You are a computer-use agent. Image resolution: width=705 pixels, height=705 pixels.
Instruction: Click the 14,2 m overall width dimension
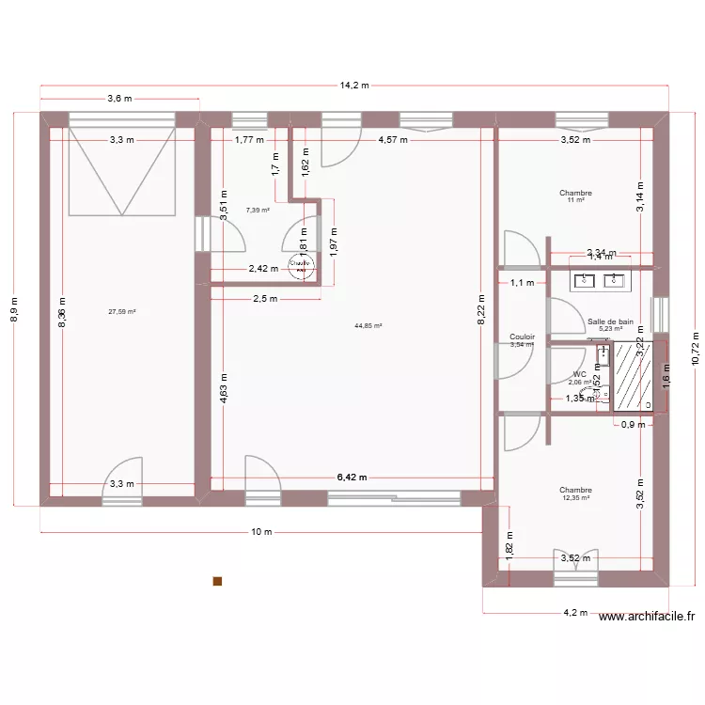click(356, 85)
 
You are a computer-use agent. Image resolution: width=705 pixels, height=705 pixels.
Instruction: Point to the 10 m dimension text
click(261, 532)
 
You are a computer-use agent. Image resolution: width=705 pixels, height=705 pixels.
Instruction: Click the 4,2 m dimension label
click(575, 612)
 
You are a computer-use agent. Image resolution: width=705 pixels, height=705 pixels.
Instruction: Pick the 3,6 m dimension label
click(119, 98)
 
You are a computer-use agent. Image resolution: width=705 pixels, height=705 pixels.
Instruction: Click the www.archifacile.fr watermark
click(647, 617)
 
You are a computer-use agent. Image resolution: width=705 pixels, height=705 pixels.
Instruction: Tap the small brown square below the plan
click(218, 581)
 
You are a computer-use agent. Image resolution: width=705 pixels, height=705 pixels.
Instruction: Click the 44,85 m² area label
click(368, 326)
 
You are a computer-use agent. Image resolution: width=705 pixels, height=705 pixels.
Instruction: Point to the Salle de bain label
click(611, 321)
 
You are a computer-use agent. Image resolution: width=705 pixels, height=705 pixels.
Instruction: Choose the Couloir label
click(522, 337)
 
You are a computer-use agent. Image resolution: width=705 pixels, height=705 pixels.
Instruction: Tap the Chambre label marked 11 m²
click(575, 194)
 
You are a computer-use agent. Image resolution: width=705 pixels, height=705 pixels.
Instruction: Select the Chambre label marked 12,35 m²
click(575, 490)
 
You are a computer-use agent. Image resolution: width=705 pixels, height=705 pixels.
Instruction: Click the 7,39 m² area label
click(258, 211)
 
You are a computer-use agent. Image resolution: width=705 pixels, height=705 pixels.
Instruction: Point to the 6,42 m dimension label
click(352, 478)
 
